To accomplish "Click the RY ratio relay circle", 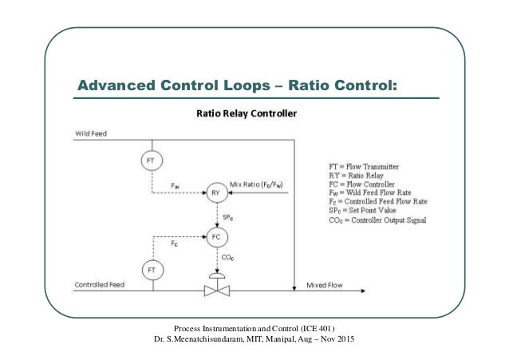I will coord(215,192).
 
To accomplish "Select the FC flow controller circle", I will coord(215,236).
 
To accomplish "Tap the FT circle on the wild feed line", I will coord(149,161).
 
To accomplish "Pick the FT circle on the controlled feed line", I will coord(149,270).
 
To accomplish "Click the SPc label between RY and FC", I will coord(227,216).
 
